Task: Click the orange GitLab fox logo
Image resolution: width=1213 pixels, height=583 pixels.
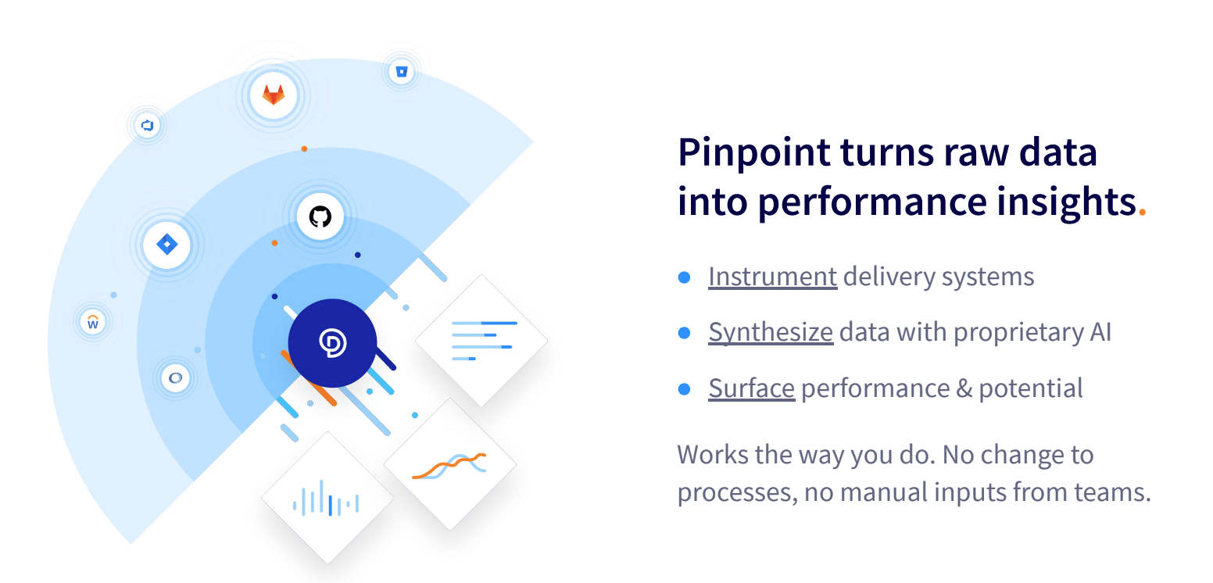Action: (274, 95)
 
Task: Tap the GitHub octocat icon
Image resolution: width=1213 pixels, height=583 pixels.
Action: (320, 216)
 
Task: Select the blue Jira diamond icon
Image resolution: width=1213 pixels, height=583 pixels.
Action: (166, 245)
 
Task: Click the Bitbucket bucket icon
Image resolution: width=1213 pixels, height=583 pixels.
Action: (401, 71)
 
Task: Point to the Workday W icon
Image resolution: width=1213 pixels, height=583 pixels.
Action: (93, 323)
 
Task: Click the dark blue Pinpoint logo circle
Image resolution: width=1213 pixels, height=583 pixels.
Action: (332, 343)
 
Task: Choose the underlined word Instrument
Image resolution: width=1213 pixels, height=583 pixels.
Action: (773, 277)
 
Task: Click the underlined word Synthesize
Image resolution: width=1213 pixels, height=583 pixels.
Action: (771, 332)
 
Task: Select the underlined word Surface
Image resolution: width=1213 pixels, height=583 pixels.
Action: (752, 388)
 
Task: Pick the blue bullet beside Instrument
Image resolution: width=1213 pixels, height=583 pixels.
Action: (685, 277)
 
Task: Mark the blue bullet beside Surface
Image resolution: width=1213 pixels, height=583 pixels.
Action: (685, 388)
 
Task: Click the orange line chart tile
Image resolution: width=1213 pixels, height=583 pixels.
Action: (450, 464)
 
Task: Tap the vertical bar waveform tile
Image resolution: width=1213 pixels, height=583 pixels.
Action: (327, 498)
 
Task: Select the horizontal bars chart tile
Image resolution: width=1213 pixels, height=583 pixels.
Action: (481, 341)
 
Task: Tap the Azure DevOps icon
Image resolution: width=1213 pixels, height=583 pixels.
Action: (147, 126)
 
